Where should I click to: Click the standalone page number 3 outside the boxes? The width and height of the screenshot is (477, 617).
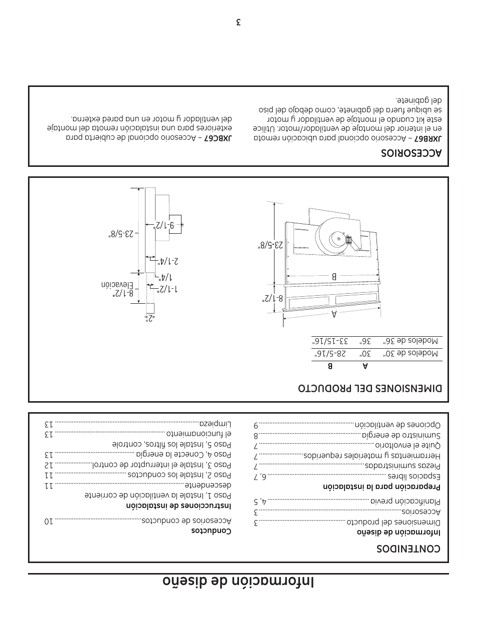coord(239,22)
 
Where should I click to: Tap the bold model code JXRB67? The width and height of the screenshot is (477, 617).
coord(429,138)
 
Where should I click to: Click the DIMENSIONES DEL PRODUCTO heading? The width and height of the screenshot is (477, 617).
coord(370,388)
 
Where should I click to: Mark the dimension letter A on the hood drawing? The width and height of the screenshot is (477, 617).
coord(334,313)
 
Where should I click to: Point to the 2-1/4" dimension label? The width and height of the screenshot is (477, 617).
coord(168,261)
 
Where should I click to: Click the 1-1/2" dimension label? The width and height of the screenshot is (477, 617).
coord(169,289)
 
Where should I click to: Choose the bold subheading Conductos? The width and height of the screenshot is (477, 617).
coord(211,531)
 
